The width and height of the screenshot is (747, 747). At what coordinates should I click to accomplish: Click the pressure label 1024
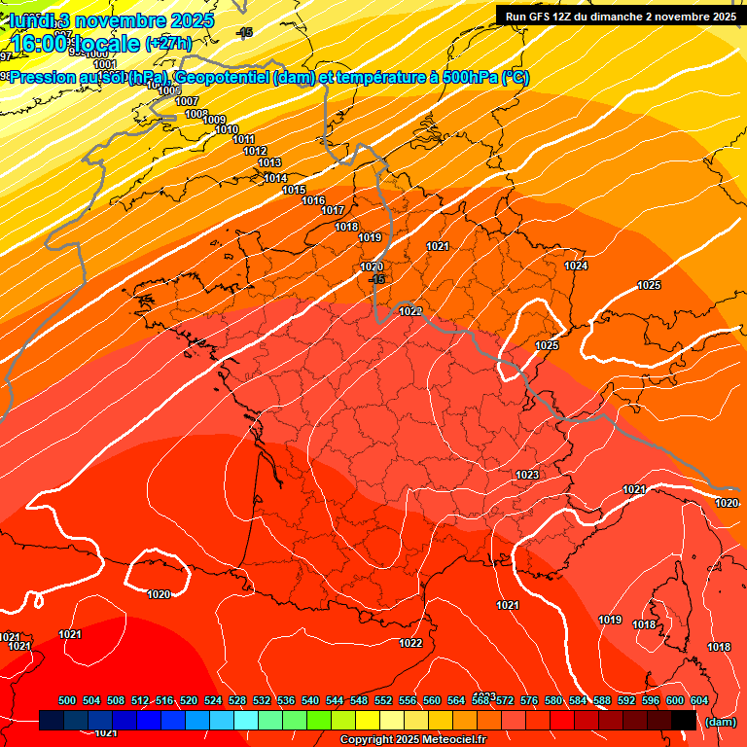pos(576,266)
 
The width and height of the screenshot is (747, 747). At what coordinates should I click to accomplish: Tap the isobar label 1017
pos(333,210)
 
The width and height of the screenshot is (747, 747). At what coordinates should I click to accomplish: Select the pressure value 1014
pos(275,178)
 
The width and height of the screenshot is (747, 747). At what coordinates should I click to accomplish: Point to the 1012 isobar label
pos(255,151)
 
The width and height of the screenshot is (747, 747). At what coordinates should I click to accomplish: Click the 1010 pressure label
pos(227,129)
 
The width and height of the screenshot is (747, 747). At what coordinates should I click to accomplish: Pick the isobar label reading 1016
pos(313,200)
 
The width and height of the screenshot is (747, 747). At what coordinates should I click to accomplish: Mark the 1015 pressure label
pos(294,190)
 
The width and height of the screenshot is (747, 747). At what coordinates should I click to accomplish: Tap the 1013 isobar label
pos(269,162)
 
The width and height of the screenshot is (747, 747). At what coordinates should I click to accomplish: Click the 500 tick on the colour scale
pos(67,700)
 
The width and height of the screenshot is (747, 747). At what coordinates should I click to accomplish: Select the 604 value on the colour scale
pos(698,700)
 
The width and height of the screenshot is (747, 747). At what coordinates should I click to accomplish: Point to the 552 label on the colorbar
pos(383,700)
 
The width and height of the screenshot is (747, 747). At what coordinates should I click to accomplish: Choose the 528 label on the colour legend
pos(237,700)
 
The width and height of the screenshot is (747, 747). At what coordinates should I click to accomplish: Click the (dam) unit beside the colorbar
pos(720,722)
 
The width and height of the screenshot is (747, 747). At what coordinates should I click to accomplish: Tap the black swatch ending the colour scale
pos(684,721)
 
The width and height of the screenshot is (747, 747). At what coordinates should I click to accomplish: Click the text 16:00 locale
pos(75,43)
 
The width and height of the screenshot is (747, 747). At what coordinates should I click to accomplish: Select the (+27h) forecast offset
pos(168,43)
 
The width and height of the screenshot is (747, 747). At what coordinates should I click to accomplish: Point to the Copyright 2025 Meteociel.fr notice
pos(412,740)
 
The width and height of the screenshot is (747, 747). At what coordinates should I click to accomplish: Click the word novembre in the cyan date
pos(122,19)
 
